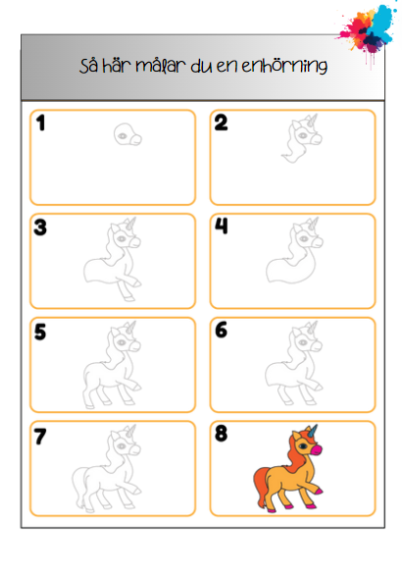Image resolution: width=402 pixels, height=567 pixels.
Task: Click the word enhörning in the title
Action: point(284,66)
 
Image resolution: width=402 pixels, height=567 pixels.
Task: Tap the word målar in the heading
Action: point(161,66)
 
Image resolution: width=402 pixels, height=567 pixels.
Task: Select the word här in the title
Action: point(116,65)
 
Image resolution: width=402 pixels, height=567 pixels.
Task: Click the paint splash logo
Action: point(366,31)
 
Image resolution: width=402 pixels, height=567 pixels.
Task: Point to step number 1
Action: point(40,123)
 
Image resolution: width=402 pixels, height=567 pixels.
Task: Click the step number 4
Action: point(221,226)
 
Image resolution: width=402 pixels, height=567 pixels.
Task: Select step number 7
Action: point(40,437)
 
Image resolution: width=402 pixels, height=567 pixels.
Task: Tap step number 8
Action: point(221,434)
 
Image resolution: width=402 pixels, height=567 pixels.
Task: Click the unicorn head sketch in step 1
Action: point(127,134)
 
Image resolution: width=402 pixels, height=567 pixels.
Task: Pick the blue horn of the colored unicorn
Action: point(314,431)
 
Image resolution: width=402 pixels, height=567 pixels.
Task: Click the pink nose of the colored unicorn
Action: point(317,450)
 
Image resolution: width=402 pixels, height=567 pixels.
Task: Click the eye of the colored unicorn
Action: point(303,446)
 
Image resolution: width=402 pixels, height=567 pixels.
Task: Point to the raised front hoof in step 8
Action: point(319,491)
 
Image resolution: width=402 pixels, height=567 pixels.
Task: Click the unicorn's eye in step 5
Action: point(122,342)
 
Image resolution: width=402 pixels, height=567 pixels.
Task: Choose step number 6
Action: point(221,330)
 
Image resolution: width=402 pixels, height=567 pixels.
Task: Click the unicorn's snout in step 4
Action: point(317,242)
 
